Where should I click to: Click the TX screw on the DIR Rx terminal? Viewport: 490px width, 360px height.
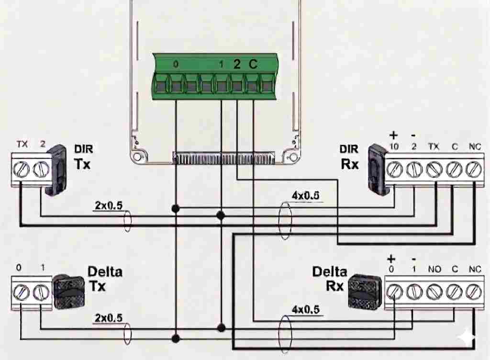click(434, 169)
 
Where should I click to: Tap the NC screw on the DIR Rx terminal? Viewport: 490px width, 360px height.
click(473, 169)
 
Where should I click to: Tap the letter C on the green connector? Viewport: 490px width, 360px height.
click(253, 65)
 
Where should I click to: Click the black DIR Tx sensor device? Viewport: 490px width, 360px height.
click(57, 170)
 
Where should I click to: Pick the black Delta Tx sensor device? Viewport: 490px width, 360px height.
click(68, 292)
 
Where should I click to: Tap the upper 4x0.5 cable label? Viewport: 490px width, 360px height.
click(305, 195)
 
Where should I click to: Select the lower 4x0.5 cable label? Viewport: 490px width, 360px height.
click(305, 309)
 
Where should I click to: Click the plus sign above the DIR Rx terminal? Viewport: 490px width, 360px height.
click(394, 135)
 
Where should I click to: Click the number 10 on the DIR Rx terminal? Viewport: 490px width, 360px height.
click(394, 146)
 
